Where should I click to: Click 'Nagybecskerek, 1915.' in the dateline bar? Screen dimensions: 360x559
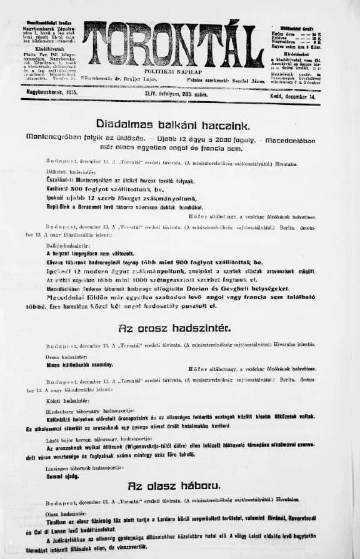pyautogui.click(x=51, y=92)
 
